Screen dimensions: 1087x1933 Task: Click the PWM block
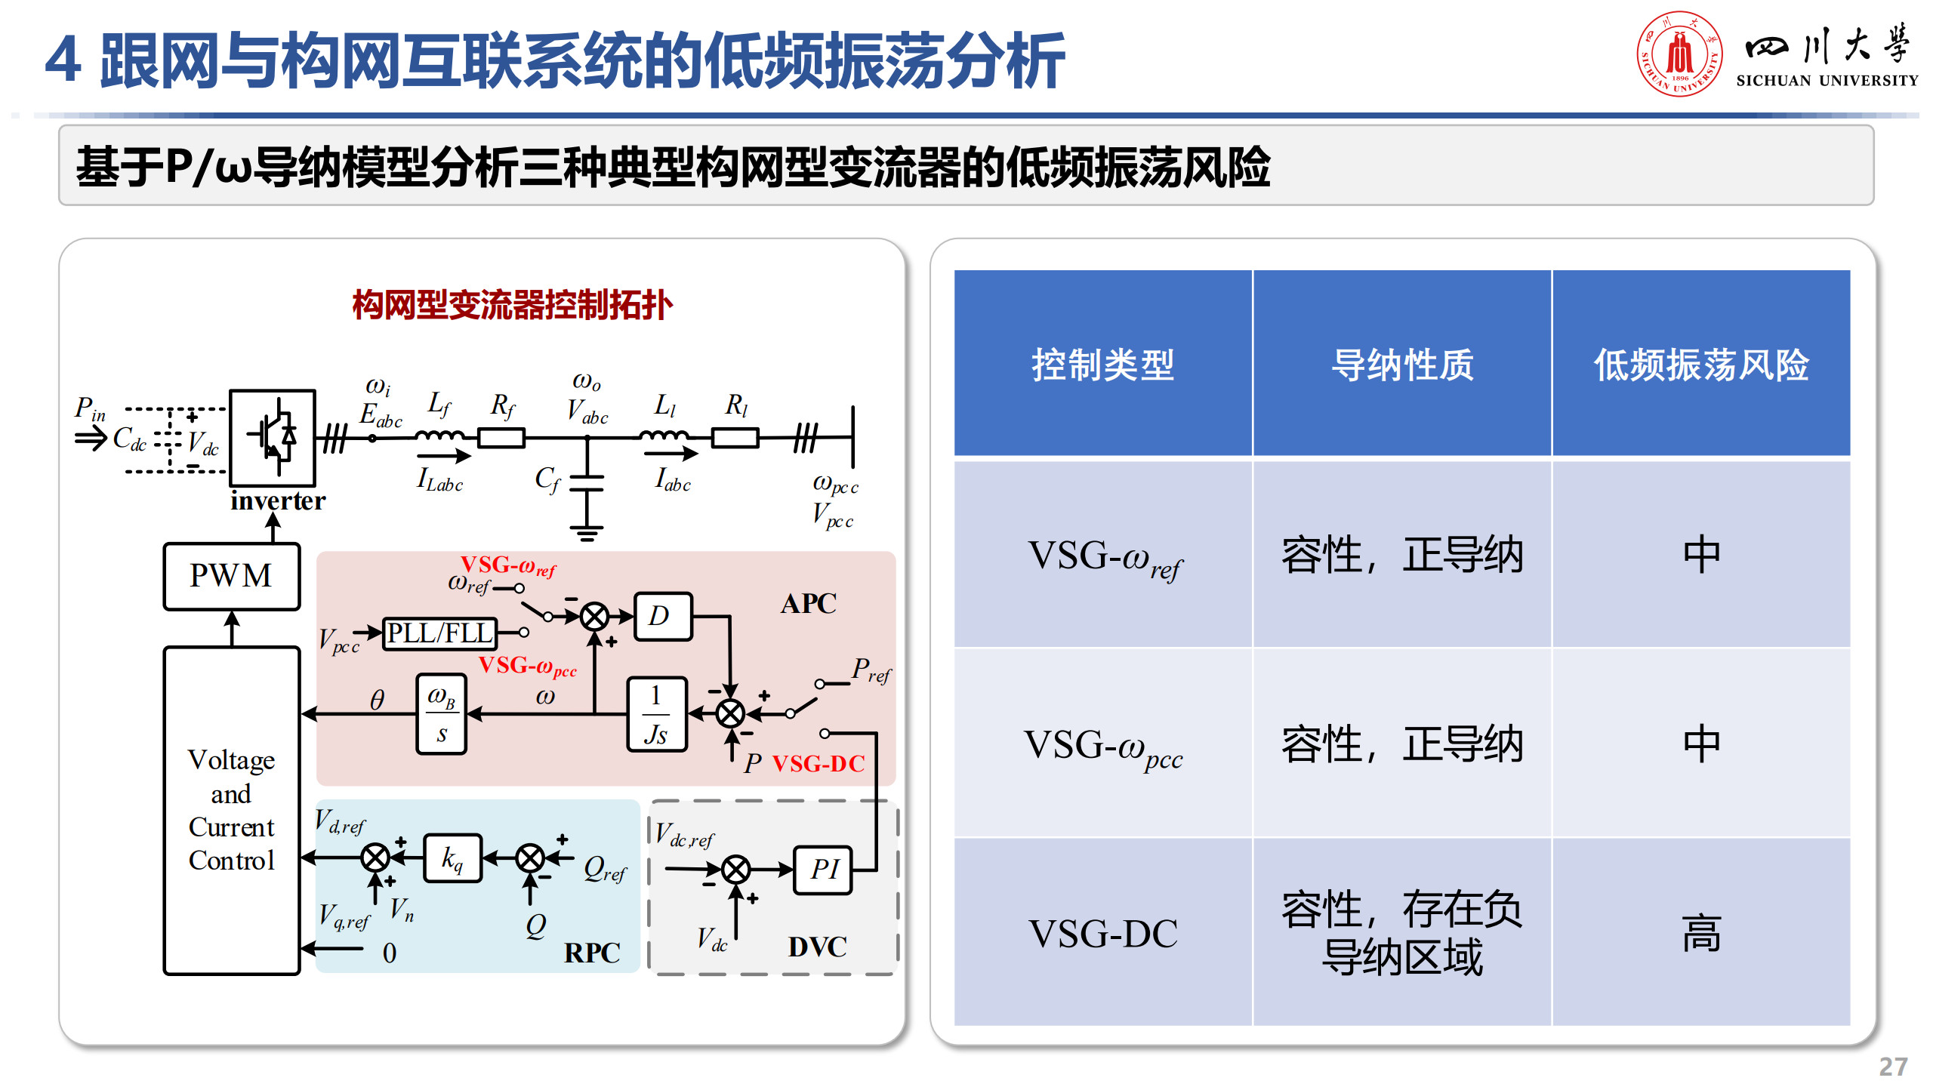tap(231, 576)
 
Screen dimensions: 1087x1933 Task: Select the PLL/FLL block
tap(439, 633)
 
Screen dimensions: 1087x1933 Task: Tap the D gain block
tap(662, 616)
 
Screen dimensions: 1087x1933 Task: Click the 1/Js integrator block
tap(656, 714)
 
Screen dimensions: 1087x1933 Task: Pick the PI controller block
tap(823, 870)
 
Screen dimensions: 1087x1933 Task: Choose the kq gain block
tap(452, 858)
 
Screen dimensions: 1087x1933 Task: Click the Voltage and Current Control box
tap(231, 810)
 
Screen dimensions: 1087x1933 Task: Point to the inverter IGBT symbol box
tap(273, 437)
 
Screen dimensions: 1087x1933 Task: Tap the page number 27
tap(1893, 1067)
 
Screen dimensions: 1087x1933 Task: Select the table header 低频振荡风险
tap(1700, 365)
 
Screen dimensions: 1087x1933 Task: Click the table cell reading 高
tap(1700, 933)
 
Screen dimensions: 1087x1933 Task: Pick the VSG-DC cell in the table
tap(1102, 933)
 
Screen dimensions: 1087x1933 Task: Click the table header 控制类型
tap(1102, 365)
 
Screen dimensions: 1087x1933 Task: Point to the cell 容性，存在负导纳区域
tap(1401, 933)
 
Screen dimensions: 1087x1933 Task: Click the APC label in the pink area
tap(808, 604)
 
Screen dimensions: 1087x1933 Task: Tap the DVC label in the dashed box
tap(817, 947)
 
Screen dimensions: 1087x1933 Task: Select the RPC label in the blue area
tap(592, 953)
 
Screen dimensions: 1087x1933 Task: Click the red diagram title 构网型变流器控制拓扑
tap(512, 306)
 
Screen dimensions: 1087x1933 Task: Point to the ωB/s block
tap(441, 714)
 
